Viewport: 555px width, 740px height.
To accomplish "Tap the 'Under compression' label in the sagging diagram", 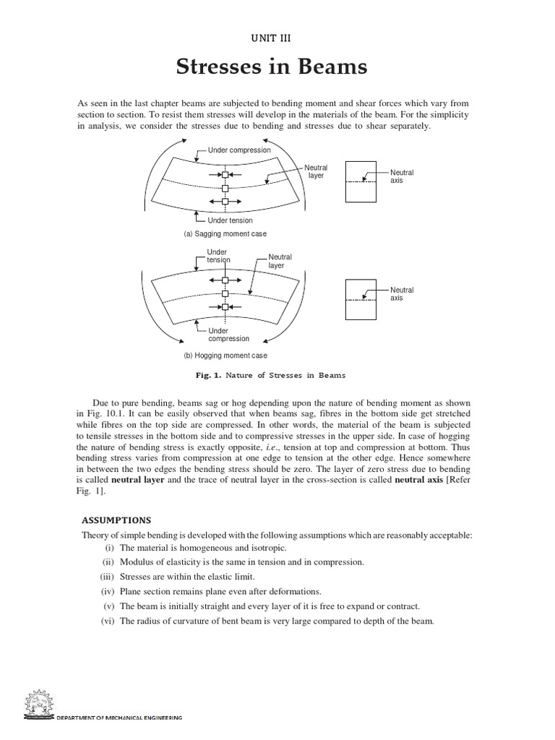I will click(x=239, y=150).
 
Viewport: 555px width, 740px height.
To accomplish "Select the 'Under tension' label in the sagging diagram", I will click(x=230, y=220).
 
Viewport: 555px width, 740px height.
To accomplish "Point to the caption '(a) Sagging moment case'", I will click(x=225, y=234).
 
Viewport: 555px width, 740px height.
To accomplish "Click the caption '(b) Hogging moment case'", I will click(x=225, y=356).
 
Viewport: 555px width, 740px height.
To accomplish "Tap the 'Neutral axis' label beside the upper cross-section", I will click(x=402, y=176).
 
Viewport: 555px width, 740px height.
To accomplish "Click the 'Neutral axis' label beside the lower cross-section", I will click(x=402, y=294).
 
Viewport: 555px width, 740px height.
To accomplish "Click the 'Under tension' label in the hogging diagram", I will click(x=218, y=257).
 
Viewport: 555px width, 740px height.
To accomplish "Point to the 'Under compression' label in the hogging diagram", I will click(x=228, y=334).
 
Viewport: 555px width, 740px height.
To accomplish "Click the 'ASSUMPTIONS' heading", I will click(x=116, y=520).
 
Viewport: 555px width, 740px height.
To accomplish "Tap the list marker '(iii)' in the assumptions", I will click(x=108, y=576).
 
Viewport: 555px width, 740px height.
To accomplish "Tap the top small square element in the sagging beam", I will click(x=225, y=176).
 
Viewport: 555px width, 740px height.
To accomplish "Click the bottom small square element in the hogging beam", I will click(x=225, y=307).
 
